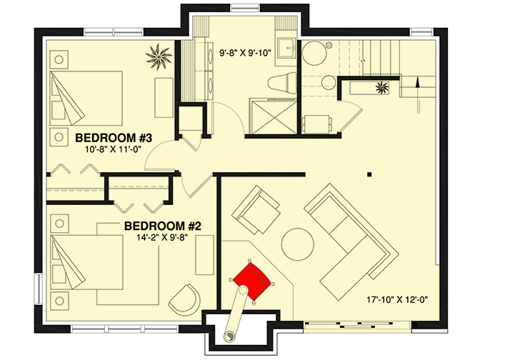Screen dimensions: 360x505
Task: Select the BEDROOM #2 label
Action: [163, 226]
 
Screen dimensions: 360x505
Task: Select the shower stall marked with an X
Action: [266, 116]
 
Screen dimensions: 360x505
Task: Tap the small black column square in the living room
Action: [369, 174]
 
